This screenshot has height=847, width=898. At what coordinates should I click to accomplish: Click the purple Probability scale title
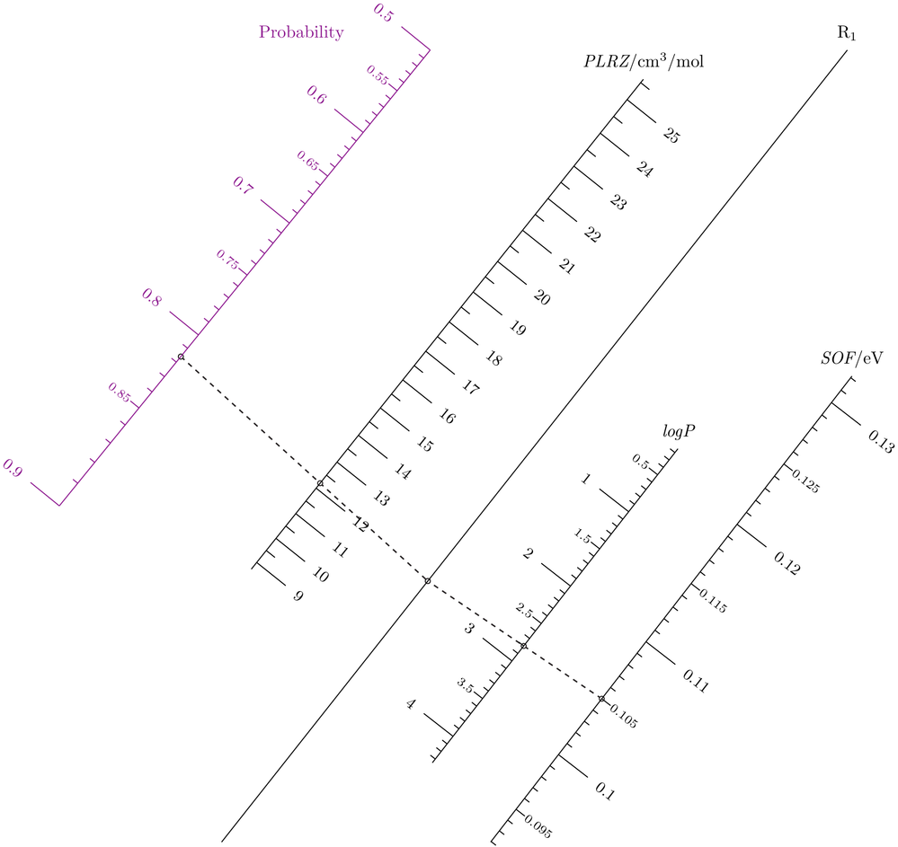click(x=300, y=33)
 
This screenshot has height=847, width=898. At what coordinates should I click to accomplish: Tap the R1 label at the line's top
click(x=847, y=32)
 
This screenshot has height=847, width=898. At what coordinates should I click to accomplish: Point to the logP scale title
click(x=679, y=432)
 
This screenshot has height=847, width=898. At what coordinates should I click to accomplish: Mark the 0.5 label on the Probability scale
click(x=382, y=13)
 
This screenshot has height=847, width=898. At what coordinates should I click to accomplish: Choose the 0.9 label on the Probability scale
click(x=13, y=468)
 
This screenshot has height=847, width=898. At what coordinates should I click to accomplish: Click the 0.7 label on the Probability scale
click(x=243, y=186)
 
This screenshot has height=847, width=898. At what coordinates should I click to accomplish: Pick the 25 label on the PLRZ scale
click(x=671, y=136)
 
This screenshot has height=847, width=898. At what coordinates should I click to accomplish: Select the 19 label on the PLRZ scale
click(x=517, y=328)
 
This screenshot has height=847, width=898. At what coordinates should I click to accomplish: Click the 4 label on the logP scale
click(x=412, y=704)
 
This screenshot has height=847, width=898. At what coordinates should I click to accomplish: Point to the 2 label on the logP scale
click(x=528, y=552)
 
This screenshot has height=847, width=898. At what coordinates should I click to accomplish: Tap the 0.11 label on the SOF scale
click(x=696, y=680)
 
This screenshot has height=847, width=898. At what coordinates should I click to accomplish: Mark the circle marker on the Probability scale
click(x=181, y=357)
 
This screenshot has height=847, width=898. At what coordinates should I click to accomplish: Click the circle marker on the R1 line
click(x=427, y=581)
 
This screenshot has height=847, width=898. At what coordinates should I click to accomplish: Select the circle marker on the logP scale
click(x=524, y=646)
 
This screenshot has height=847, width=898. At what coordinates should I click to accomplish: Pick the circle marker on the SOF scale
click(x=601, y=698)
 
